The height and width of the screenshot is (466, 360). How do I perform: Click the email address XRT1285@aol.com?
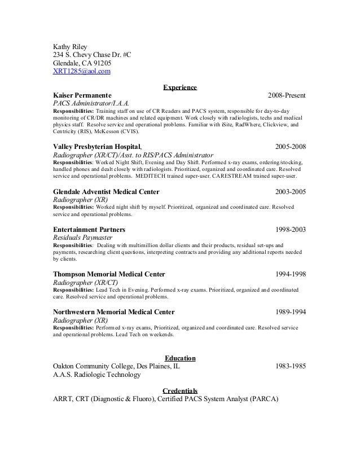click(82, 71)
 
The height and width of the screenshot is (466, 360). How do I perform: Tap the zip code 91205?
click(107, 63)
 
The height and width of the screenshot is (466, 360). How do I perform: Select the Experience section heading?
click(180, 87)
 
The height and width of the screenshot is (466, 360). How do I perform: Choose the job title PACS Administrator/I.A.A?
click(91, 104)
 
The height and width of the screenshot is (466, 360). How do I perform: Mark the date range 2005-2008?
click(290, 147)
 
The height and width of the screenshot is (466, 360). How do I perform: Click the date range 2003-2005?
click(290, 191)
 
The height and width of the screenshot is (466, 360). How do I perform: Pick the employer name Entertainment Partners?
click(89, 230)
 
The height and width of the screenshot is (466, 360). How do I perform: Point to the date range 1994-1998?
click(290, 274)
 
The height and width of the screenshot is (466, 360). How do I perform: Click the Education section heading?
click(180, 358)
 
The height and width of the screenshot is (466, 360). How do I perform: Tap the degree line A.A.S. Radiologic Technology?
click(96, 374)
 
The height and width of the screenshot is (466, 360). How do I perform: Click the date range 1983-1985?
click(290, 366)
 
